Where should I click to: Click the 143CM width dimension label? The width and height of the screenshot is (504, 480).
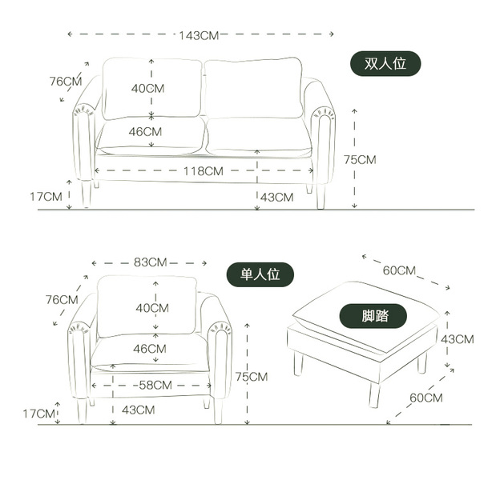click(199, 35)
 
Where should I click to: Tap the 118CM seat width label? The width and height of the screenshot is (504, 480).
click(204, 171)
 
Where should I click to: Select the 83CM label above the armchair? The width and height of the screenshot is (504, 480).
click(151, 262)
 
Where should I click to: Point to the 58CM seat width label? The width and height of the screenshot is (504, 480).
click(155, 385)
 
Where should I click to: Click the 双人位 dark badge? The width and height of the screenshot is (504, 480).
click(385, 63)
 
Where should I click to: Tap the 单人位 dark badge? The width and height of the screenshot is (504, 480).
click(260, 274)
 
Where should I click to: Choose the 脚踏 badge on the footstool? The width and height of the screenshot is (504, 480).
click(373, 316)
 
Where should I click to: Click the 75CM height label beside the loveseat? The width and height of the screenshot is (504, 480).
click(360, 159)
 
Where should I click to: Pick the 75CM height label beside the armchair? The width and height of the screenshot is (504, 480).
click(252, 376)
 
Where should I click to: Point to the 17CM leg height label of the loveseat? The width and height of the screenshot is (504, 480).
click(46, 196)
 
